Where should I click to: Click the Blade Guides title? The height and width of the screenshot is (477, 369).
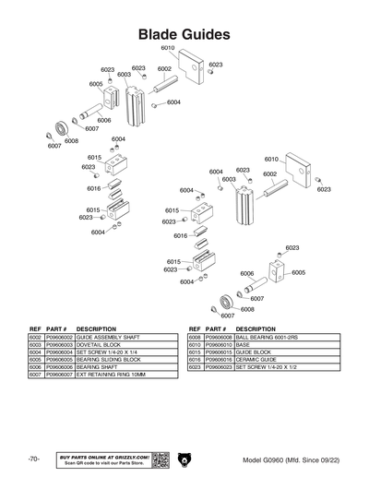[184, 34]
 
